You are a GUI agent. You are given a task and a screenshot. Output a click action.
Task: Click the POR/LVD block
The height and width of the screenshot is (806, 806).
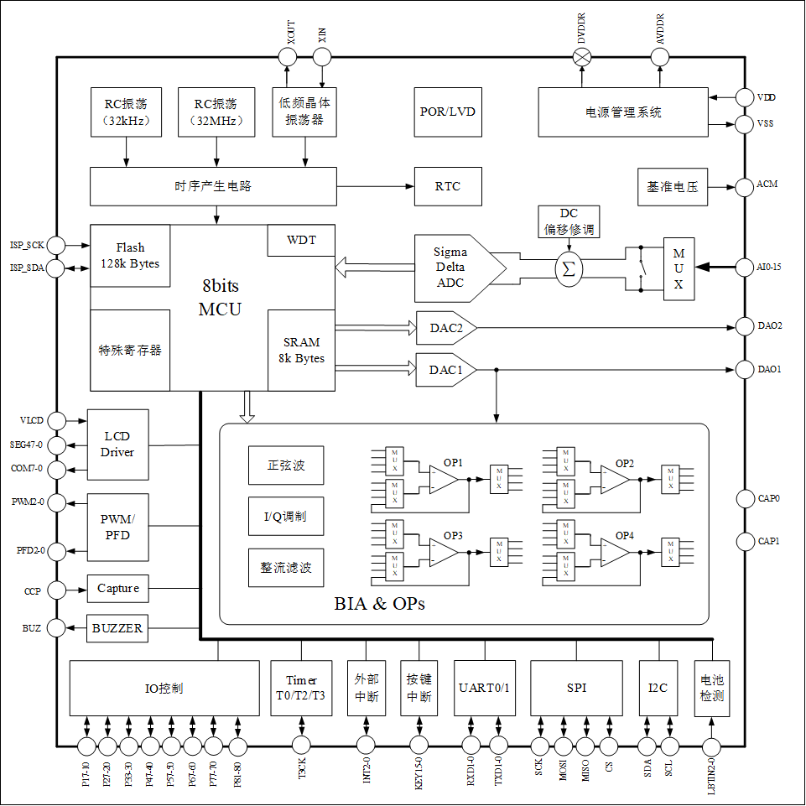click(448, 111)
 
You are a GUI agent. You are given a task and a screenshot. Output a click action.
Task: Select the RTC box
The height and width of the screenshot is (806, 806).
click(448, 186)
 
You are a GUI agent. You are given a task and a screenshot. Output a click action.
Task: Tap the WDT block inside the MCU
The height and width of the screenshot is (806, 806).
click(301, 241)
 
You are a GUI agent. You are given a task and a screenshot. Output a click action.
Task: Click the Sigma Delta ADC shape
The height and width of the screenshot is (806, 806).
click(455, 268)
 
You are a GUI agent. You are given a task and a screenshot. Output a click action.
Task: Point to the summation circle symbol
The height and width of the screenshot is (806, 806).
click(569, 268)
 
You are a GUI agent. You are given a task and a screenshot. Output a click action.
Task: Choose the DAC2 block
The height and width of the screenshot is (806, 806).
click(446, 328)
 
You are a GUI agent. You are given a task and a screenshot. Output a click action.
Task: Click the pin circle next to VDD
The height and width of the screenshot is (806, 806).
click(744, 97)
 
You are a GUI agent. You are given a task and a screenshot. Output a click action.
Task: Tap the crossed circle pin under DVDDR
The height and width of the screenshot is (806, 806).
click(582, 57)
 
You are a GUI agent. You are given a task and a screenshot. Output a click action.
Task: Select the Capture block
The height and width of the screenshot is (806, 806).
click(117, 589)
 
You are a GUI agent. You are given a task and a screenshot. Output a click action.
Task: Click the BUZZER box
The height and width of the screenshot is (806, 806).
click(117, 628)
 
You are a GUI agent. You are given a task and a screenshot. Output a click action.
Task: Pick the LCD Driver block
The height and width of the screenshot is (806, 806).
click(117, 445)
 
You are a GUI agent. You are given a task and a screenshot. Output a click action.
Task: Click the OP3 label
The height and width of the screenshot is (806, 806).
click(453, 535)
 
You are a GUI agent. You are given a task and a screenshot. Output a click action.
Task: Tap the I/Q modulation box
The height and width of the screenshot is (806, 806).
click(285, 516)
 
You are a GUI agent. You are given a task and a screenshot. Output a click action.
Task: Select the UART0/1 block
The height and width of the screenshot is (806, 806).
click(485, 689)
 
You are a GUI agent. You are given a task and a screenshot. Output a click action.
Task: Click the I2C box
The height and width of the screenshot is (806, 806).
click(658, 689)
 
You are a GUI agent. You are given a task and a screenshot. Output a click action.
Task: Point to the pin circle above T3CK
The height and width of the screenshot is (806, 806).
click(302, 744)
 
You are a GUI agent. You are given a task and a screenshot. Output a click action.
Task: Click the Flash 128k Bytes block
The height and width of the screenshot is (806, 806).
click(130, 256)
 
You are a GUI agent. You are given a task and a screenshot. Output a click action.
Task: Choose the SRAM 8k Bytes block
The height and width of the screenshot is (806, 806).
click(301, 350)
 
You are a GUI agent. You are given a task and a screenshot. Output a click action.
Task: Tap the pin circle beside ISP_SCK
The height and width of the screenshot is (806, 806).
click(57, 245)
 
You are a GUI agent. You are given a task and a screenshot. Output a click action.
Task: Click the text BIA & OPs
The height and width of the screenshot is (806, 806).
click(379, 603)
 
